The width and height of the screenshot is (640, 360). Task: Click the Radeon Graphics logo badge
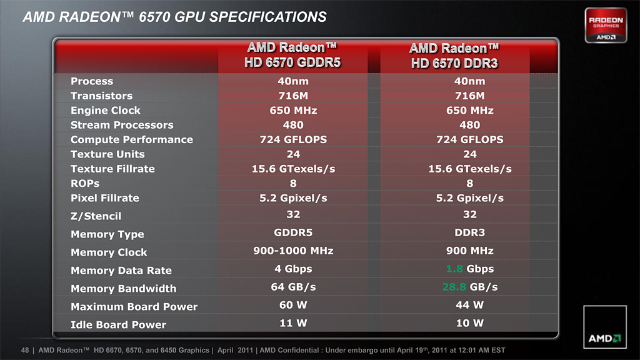pyautogui.click(x=605, y=25)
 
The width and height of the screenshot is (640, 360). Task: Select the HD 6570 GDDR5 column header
pyautogui.click(x=292, y=55)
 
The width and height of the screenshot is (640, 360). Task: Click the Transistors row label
pyautogui.click(x=101, y=96)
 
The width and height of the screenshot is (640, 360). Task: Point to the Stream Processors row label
pyautogui.click(x=122, y=125)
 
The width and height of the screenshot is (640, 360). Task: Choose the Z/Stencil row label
pyautogui.click(x=96, y=216)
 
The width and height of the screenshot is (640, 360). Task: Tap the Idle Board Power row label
pyautogui.click(x=118, y=324)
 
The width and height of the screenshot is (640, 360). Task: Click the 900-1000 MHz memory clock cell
pyautogui.click(x=293, y=251)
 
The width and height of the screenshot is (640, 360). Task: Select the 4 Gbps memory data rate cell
pyautogui.click(x=293, y=269)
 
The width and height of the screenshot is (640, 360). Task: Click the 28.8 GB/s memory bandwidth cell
pyautogui.click(x=469, y=287)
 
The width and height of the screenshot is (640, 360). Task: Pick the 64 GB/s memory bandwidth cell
pyautogui.click(x=293, y=287)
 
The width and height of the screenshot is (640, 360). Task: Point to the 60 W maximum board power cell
pyautogui.click(x=293, y=305)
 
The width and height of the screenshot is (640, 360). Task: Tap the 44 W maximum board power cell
pyautogui.click(x=469, y=305)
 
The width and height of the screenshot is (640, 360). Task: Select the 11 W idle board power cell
pyautogui.click(x=293, y=323)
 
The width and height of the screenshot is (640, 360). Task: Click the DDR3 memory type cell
pyautogui.click(x=469, y=232)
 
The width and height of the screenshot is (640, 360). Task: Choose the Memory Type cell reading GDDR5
pyautogui.click(x=293, y=232)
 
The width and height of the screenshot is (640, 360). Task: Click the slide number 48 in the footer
pyautogui.click(x=25, y=351)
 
